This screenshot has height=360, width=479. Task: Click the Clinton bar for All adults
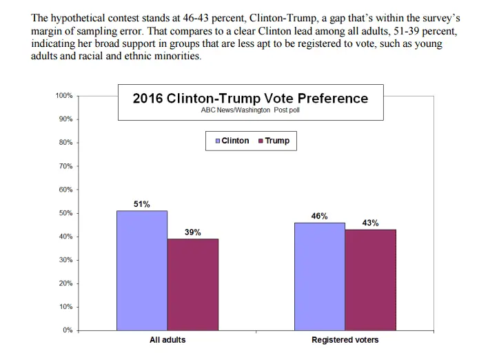point(142,270)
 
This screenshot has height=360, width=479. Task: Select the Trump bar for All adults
point(192,284)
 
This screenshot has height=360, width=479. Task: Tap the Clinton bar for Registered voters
point(319,276)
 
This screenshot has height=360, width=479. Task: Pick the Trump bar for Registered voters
point(370,279)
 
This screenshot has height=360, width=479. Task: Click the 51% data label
point(142,204)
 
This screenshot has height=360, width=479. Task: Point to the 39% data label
point(193,232)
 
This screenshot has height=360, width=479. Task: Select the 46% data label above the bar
point(319,216)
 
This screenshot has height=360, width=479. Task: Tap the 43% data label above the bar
point(370,223)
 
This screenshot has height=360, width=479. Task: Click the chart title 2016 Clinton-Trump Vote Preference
point(250,99)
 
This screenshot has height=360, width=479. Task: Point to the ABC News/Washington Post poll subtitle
point(250,110)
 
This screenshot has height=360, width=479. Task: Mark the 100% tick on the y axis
point(64,95)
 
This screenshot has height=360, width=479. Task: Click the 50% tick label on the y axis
point(65,213)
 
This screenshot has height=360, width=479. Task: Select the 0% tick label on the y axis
point(68,330)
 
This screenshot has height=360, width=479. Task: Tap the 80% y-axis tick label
point(65,143)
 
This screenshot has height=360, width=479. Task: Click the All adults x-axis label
point(167,340)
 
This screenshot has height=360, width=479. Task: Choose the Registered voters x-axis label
point(345,340)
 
